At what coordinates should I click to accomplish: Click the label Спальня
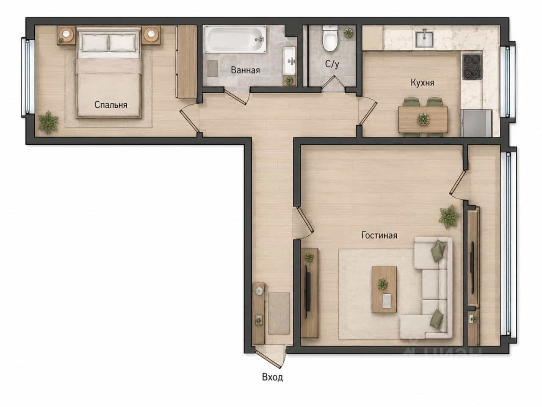(111, 105)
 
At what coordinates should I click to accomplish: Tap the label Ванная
(245, 70)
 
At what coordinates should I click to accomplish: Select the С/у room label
(332, 64)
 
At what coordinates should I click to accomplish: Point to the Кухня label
(422, 82)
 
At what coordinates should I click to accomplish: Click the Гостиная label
(379, 235)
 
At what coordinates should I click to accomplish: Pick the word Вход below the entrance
(272, 377)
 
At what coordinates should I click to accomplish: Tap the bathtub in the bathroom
(235, 39)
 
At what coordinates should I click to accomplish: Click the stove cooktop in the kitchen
(472, 67)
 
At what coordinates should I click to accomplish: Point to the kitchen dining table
(423, 120)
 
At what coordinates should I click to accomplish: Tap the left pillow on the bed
(95, 43)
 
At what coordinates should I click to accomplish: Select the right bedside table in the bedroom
(151, 36)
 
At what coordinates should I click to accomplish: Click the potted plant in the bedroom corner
(48, 123)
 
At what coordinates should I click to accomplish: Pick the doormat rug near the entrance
(279, 313)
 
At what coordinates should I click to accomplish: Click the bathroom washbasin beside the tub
(289, 61)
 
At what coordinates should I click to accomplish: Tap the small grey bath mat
(213, 68)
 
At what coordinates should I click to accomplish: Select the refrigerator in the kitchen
(476, 123)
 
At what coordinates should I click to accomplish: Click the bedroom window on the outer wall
(25, 77)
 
